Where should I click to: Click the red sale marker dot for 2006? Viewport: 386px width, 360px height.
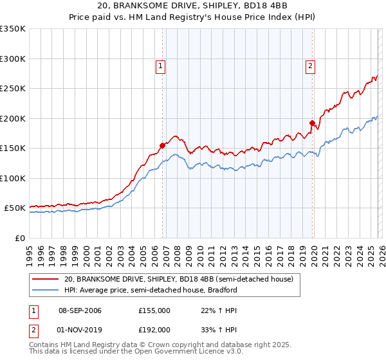(x=162, y=145)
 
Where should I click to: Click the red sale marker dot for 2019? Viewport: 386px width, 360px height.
(x=312, y=123)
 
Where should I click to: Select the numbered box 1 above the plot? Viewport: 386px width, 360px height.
(x=160, y=64)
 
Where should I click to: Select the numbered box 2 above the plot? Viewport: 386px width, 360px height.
(x=310, y=64)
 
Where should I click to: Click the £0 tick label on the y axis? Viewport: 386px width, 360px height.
(x=19, y=238)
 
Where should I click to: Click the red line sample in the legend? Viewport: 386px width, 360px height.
(x=46, y=279)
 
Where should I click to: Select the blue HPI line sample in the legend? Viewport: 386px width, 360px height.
(x=46, y=290)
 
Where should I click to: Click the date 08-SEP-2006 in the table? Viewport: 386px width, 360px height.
(x=80, y=310)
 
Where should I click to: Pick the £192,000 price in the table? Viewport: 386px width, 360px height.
(x=154, y=329)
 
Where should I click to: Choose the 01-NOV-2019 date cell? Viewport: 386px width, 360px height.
(x=80, y=329)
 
